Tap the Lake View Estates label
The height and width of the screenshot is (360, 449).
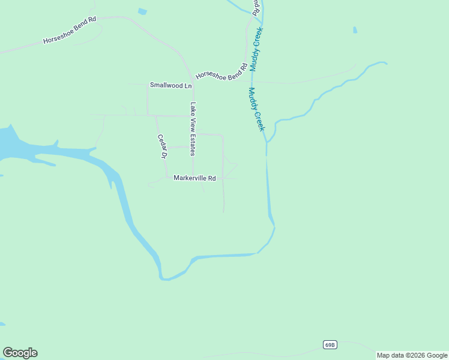point(193,129)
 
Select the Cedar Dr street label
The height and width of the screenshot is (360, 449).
point(161,146)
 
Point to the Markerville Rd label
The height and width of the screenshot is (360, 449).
point(194,178)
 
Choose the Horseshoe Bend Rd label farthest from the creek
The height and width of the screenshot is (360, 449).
point(70,31)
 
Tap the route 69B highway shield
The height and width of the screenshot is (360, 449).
point(330,345)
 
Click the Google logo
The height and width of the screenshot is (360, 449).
point(20,353)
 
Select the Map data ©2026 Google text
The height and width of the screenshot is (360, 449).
point(412,355)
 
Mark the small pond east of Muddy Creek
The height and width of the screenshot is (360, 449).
point(355,30)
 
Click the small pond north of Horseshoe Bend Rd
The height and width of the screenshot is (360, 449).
point(142,11)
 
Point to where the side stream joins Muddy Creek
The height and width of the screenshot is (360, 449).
point(267,142)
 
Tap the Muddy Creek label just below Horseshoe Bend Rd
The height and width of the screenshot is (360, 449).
point(256,110)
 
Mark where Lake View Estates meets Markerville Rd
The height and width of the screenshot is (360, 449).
point(193,178)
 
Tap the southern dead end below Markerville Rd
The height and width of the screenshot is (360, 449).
point(224,212)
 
